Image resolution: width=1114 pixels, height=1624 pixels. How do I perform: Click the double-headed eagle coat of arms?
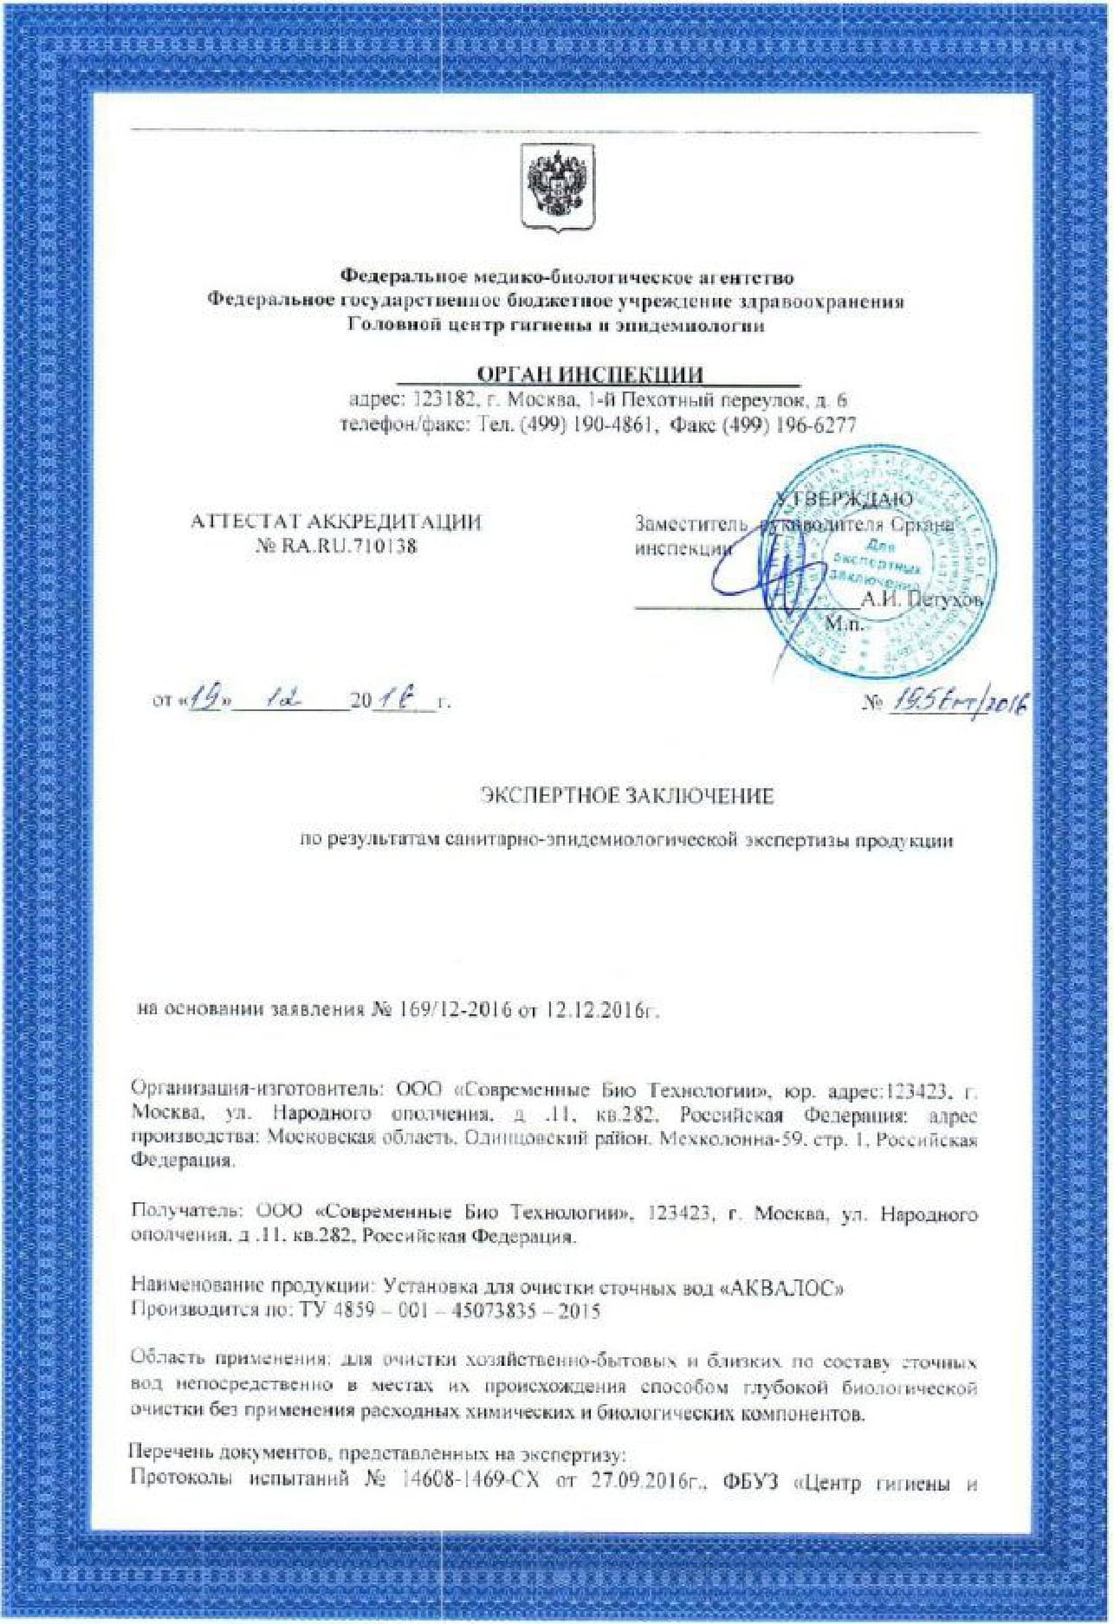[557, 186]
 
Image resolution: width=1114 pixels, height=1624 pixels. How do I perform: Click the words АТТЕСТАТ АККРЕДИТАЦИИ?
[335, 522]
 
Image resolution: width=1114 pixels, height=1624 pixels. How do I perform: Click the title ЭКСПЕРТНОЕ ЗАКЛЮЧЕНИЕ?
[626, 796]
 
